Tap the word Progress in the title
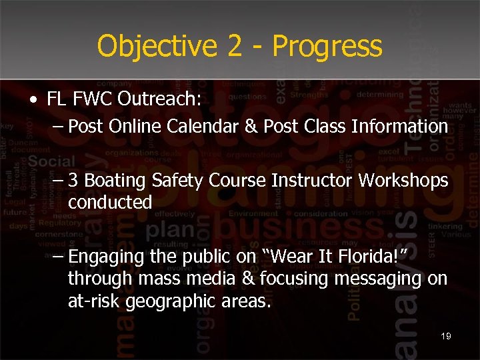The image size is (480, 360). [327, 47]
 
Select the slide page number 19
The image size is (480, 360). [445, 336]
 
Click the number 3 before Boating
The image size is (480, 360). [73, 181]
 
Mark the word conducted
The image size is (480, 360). [110, 202]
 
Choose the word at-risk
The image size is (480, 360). [92, 301]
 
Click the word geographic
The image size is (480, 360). [169, 301]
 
